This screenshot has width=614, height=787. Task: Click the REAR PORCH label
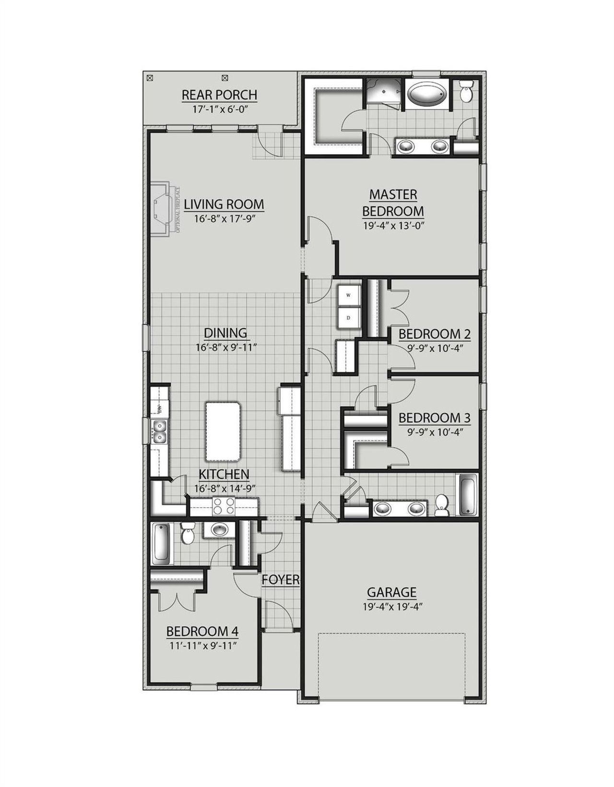tap(219, 95)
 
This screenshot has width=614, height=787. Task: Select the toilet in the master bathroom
tap(466, 91)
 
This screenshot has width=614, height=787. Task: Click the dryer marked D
tap(348, 317)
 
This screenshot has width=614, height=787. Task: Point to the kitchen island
tap(222, 430)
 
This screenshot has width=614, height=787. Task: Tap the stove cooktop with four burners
tap(224, 506)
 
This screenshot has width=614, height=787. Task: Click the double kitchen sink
tap(159, 431)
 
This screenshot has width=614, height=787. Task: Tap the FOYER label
tap(281, 580)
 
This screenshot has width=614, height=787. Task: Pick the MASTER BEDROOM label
tap(393, 203)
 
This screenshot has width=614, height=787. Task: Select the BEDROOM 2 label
tap(435, 334)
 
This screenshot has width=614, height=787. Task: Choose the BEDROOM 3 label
tap(435, 418)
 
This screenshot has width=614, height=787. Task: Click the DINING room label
tap(225, 333)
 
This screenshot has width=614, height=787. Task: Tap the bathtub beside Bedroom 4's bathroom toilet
tap(161, 544)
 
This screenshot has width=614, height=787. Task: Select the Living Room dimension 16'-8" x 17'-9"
tap(224, 219)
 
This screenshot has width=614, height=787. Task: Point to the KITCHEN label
tap(224, 474)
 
